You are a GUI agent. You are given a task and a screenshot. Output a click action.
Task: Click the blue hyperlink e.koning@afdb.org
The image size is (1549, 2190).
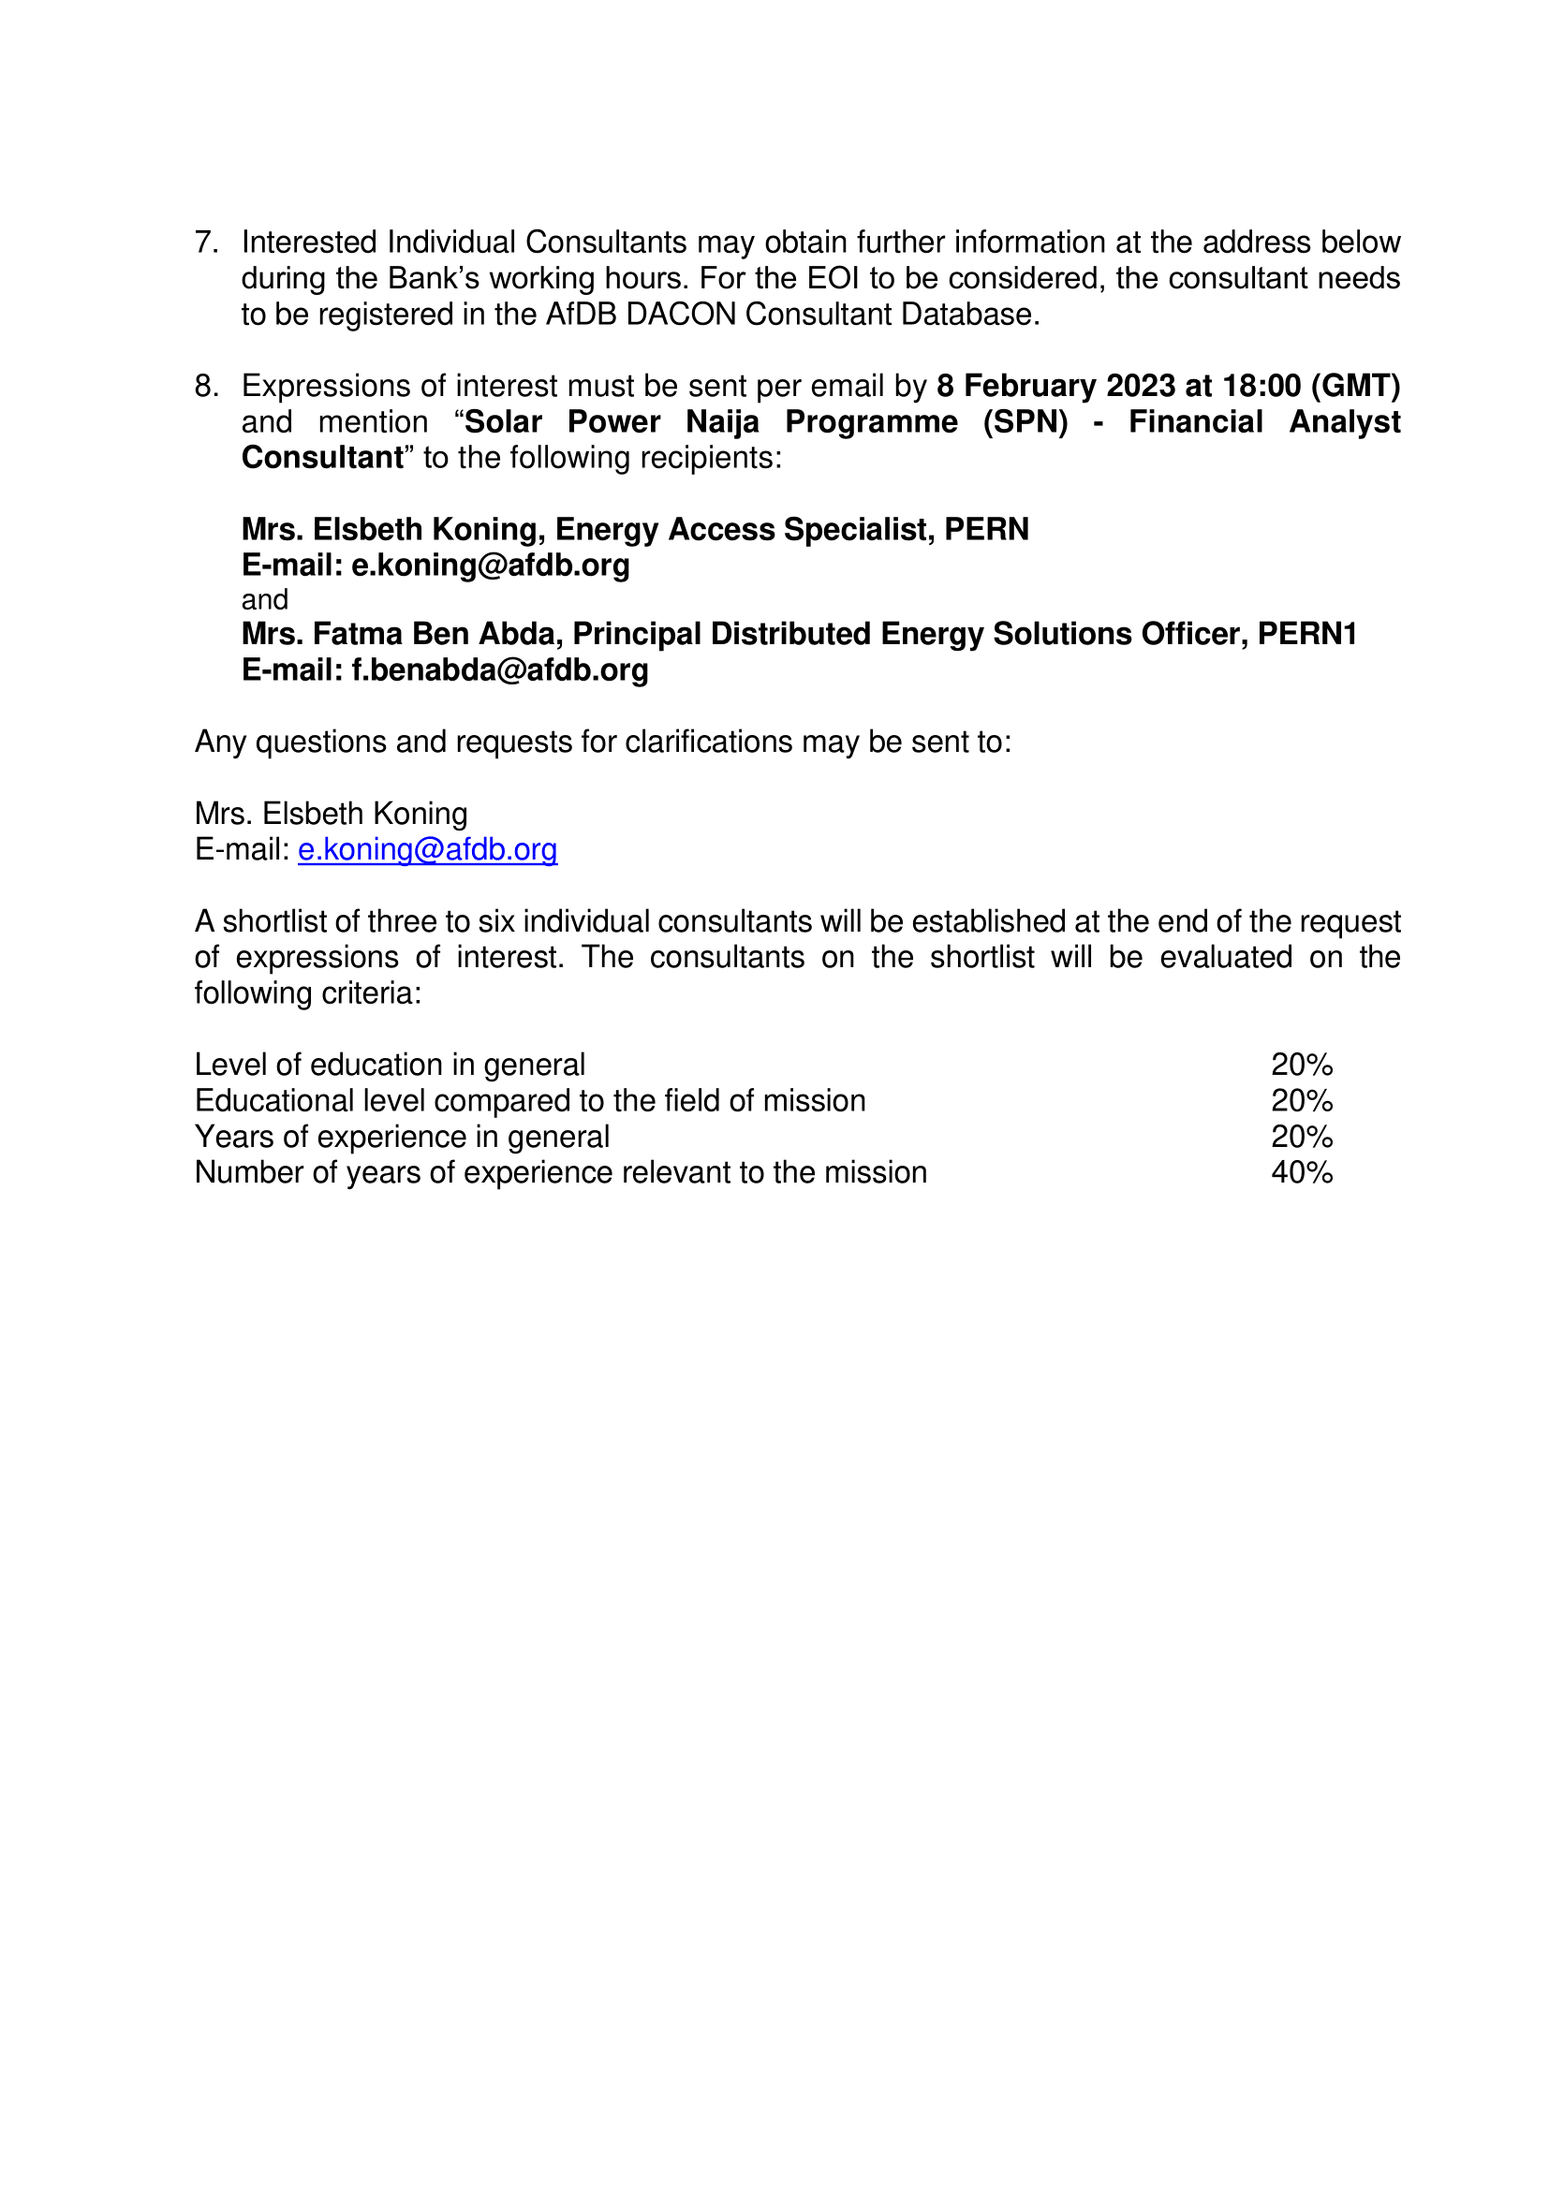pos(427,849)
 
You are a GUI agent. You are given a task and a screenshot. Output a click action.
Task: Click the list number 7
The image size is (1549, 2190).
pos(206,243)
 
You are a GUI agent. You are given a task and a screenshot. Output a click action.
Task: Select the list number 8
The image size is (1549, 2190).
pos(206,386)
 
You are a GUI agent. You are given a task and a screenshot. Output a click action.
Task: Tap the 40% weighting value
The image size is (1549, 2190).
pos(1301,1172)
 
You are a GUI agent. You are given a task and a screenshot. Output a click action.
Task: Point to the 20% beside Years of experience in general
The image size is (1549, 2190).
pos(1301,1137)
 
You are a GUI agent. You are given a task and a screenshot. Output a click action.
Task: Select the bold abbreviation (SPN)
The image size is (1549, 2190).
pos(1025,421)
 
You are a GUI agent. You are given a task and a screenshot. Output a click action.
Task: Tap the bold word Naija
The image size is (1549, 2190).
pos(722,421)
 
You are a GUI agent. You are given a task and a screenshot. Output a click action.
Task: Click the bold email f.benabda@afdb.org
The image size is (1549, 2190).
pos(500,669)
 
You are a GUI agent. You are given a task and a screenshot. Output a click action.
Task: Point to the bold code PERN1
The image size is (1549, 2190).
pos(1306,633)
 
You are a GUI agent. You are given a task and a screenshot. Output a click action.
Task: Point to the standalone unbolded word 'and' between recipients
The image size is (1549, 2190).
pos(264,600)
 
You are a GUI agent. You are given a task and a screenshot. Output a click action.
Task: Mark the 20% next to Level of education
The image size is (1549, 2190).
pos(1301,1065)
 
